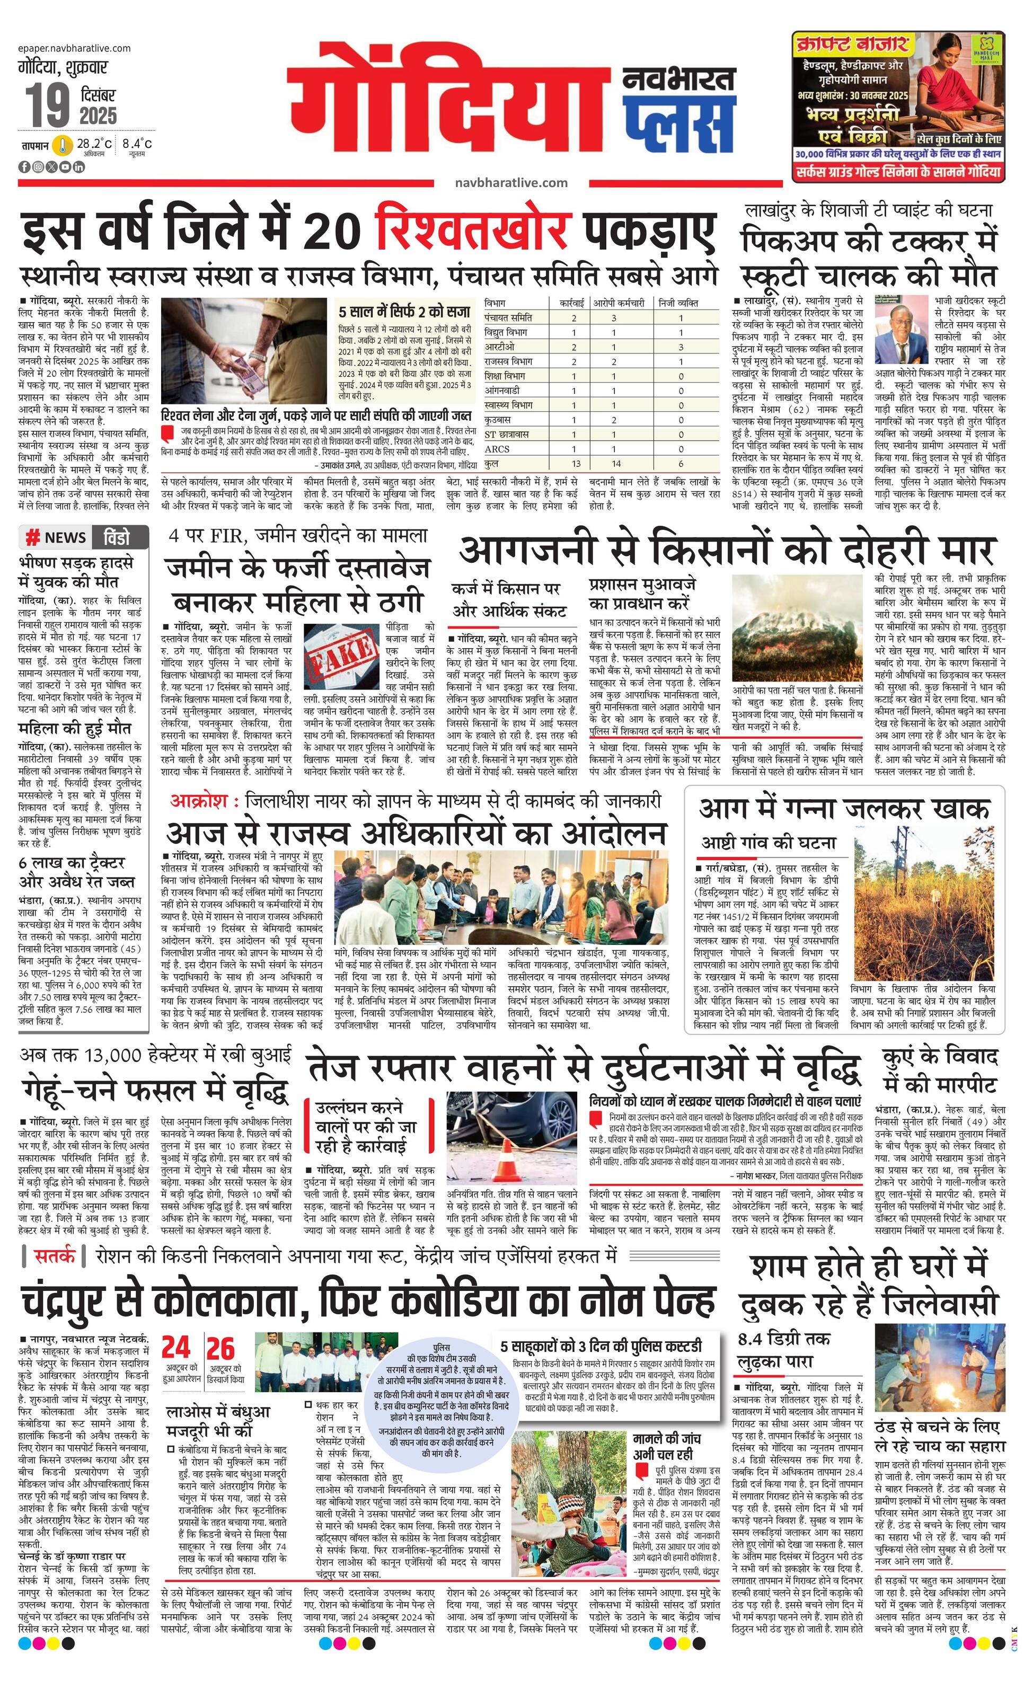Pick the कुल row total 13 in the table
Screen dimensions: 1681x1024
coord(576,463)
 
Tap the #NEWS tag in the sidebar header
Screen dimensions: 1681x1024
coord(56,537)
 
